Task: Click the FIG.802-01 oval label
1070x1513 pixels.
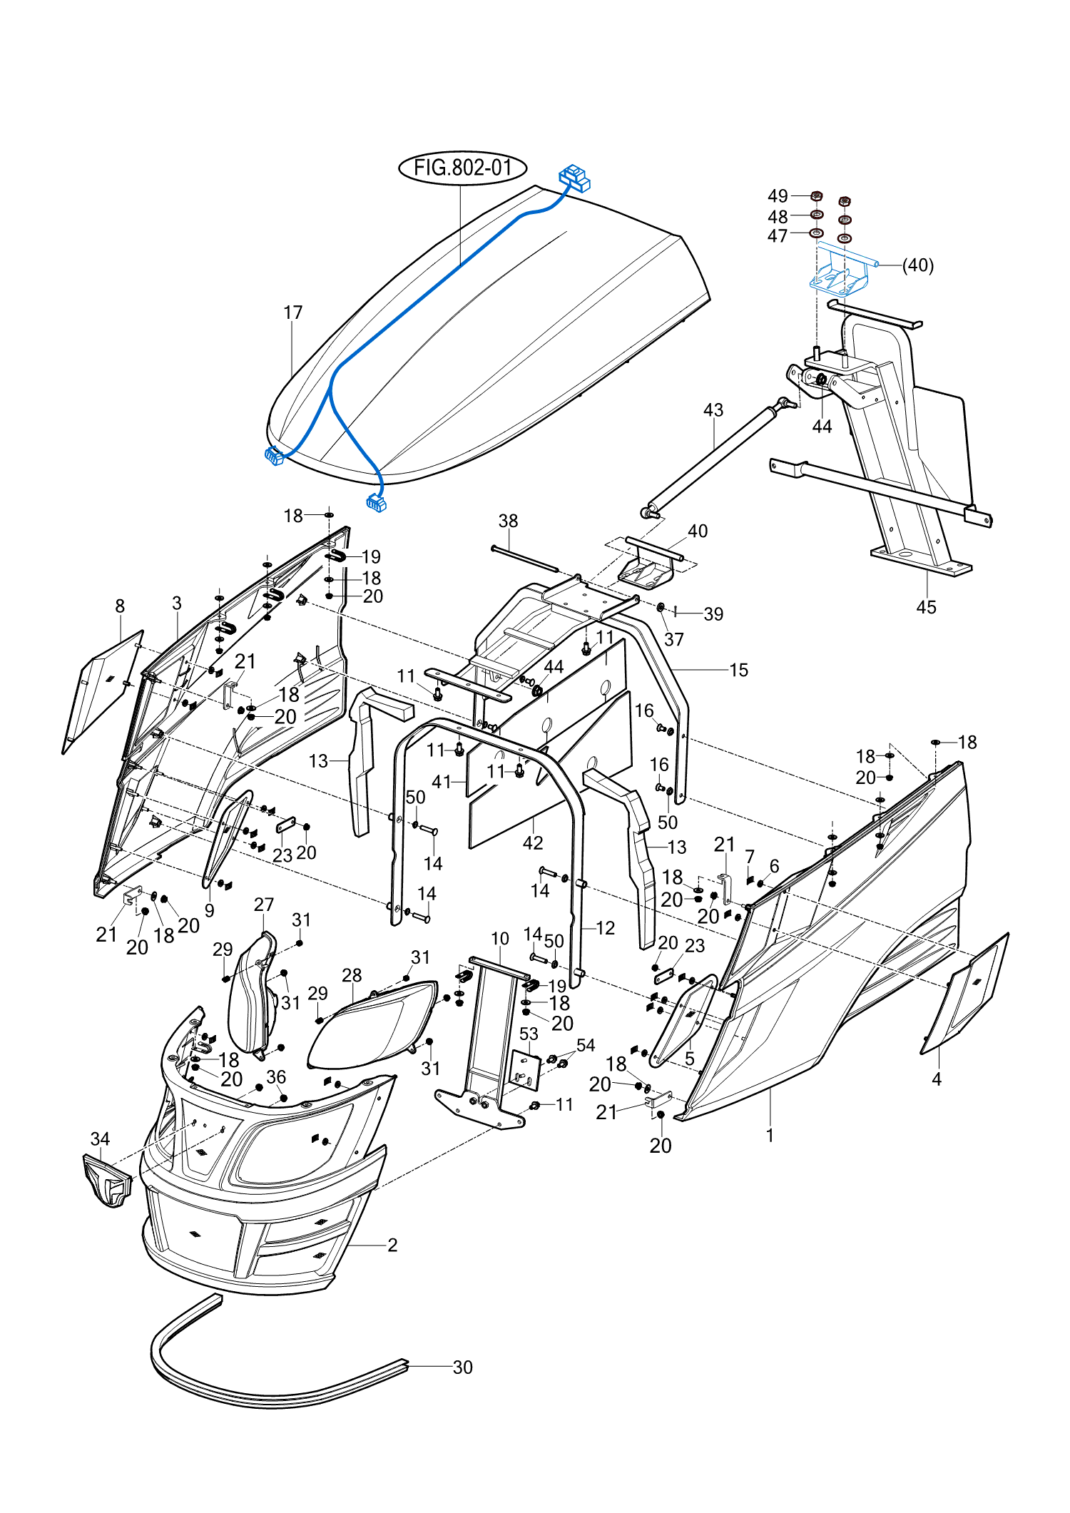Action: click(x=462, y=168)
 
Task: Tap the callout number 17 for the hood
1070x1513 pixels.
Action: click(x=293, y=312)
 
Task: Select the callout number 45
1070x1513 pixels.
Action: click(x=926, y=607)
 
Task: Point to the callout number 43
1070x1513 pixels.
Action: click(x=713, y=410)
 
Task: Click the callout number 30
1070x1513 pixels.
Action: click(x=462, y=1367)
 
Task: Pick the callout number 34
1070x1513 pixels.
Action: click(x=100, y=1139)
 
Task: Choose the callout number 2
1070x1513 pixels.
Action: click(x=392, y=1245)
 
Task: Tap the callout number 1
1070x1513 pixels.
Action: click(x=770, y=1135)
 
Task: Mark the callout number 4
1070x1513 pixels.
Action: click(x=937, y=1079)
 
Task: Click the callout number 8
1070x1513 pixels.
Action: click(x=120, y=606)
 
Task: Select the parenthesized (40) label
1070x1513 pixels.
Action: click(x=918, y=265)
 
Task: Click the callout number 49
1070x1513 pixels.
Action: click(x=778, y=196)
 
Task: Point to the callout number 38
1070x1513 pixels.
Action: click(x=508, y=521)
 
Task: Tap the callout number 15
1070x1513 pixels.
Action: click(x=738, y=670)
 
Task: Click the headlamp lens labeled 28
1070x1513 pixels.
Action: click(x=372, y=1024)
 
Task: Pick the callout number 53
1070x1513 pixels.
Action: click(x=529, y=1034)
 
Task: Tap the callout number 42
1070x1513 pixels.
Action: click(x=533, y=843)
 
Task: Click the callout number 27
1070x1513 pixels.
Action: click(x=264, y=905)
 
